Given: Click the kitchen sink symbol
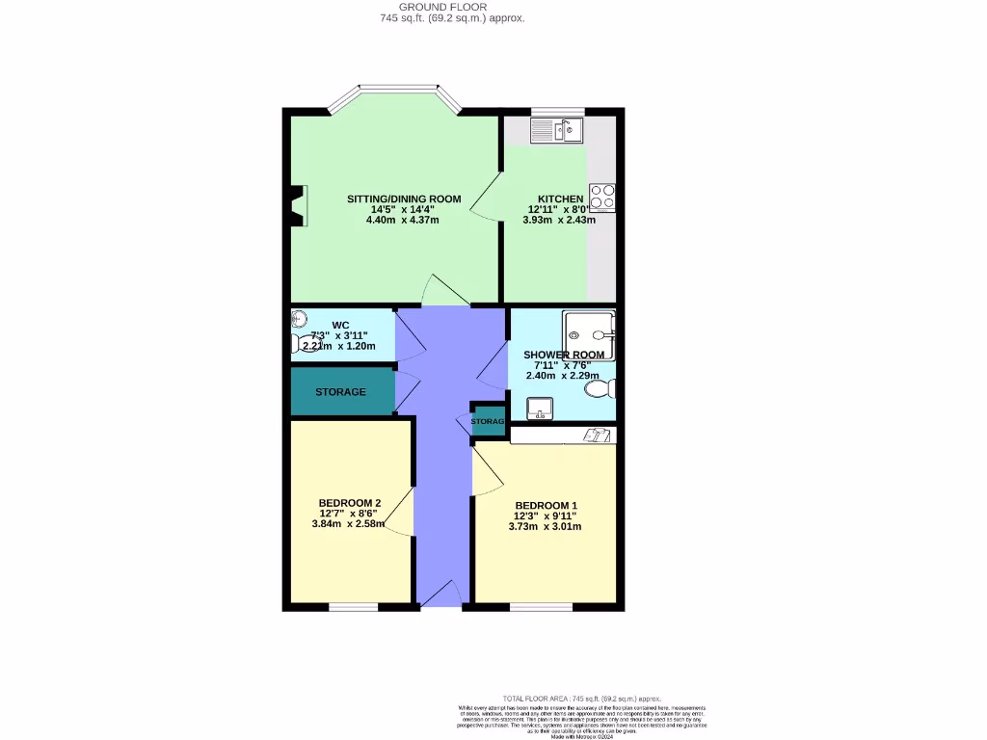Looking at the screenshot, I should click(x=558, y=129).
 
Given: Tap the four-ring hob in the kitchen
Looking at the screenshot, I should click(x=603, y=198).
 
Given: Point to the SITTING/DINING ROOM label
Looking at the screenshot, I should click(x=404, y=198).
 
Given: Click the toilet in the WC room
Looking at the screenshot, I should click(x=297, y=342).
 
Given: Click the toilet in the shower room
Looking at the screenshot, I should click(x=601, y=389).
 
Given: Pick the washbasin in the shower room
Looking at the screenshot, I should click(x=540, y=411).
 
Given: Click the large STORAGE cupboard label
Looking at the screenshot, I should click(x=340, y=392).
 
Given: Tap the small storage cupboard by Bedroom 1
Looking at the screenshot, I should click(x=487, y=421).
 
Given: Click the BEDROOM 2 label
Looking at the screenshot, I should click(x=350, y=503).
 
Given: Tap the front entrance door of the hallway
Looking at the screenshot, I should click(x=442, y=599).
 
